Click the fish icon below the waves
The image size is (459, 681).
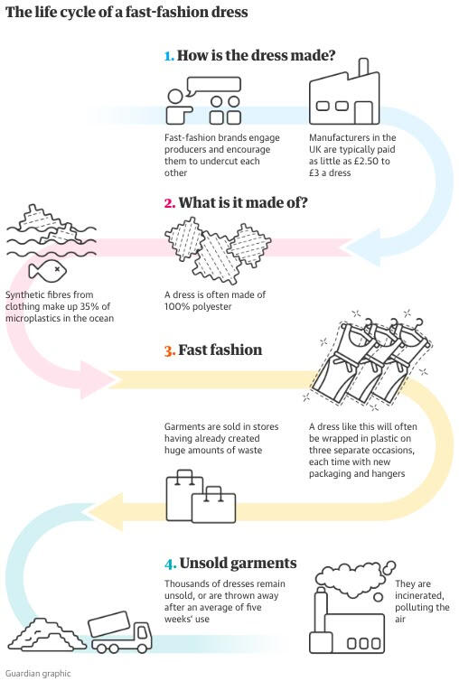(x=47, y=271)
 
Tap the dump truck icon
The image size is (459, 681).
(x=120, y=632)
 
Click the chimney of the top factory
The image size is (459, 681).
(x=363, y=68)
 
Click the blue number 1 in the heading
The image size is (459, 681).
(x=169, y=56)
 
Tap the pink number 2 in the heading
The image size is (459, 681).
(x=170, y=203)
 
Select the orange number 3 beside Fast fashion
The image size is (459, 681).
(x=170, y=350)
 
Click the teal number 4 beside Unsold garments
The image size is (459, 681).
(x=171, y=564)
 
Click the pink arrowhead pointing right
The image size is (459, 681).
(x=98, y=380)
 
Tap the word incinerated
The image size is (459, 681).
(x=419, y=595)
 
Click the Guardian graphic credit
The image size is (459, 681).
(x=38, y=674)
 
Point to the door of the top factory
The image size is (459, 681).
(x=363, y=113)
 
